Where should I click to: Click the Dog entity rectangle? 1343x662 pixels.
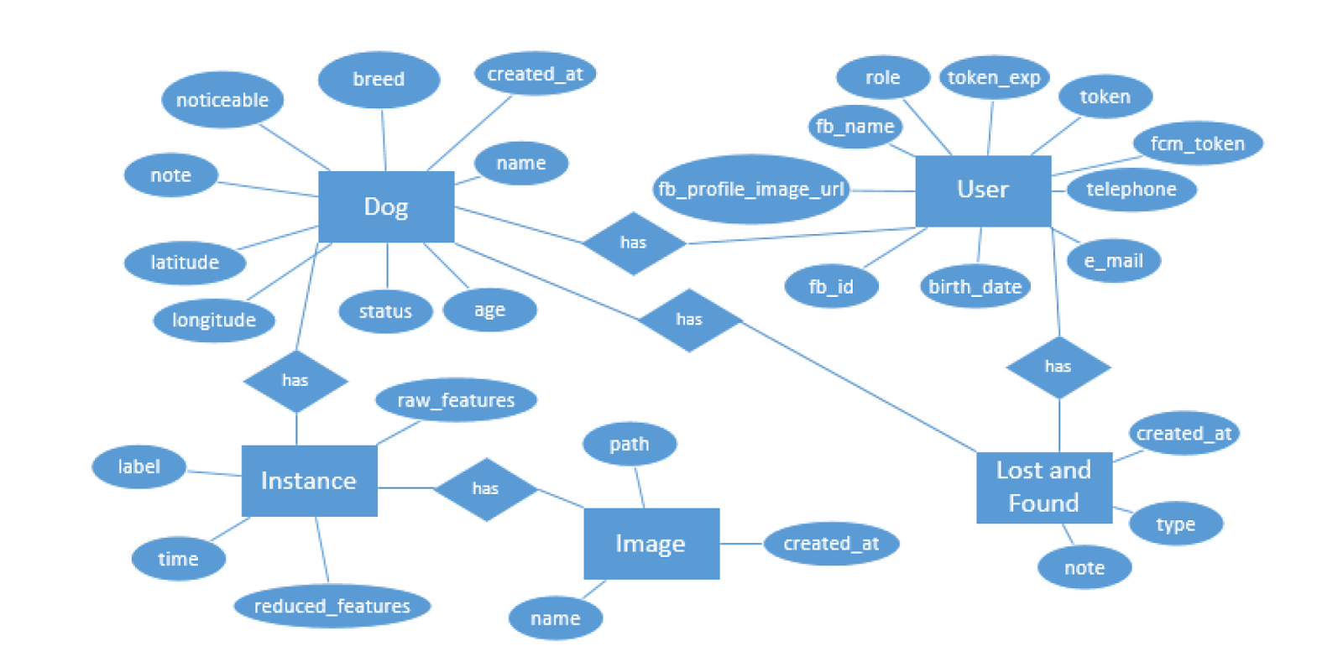pyautogui.click(x=386, y=206)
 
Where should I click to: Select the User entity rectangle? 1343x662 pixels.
pyautogui.click(x=983, y=190)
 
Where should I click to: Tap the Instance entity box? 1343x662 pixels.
pyautogui.click(x=309, y=481)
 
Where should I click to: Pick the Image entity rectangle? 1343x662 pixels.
pyautogui.click(x=651, y=544)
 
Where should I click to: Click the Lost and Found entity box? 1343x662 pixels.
pyautogui.click(x=1044, y=487)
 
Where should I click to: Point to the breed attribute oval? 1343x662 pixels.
pyautogui.click(x=379, y=80)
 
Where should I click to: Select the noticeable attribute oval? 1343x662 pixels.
pyautogui.click(x=222, y=100)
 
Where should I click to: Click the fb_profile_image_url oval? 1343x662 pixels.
pyautogui.click(x=751, y=190)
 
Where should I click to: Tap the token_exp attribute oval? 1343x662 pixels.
pyautogui.click(x=994, y=78)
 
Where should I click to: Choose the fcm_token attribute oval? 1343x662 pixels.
pyautogui.click(x=1197, y=143)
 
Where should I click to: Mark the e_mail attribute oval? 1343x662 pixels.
pyautogui.click(x=1114, y=261)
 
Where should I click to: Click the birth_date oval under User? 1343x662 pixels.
pyautogui.click(x=975, y=287)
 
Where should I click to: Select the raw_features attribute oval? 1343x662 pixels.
pyautogui.click(x=456, y=400)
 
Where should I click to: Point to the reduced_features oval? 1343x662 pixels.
pyautogui.click(x=332, y=606)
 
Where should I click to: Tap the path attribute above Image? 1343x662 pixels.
pyautogui.click(x=630, y=444)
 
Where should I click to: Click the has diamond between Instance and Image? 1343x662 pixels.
pyautogui.click(x=485, y=489)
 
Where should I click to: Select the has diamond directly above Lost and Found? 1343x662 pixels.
pyautogui.click(x=1058, y=367)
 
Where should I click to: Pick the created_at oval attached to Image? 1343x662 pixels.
pyautogui.click(x=831, y=544)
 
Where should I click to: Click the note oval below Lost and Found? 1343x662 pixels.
pyautogui.click(x=1084, y=568)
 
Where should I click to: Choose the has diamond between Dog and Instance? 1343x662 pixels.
pyautogui.click(x=295, y=381)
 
